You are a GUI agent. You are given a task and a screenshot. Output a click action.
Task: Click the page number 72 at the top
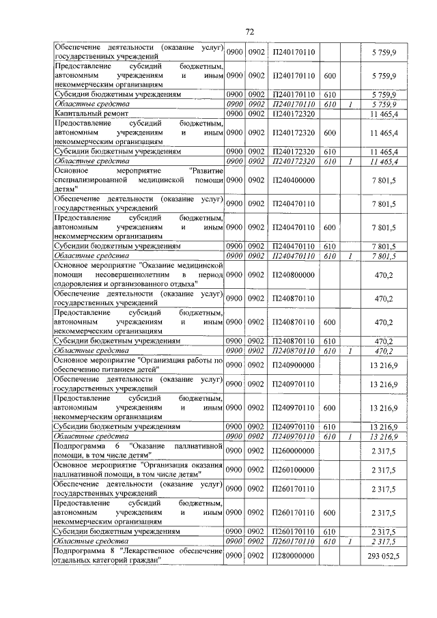249,31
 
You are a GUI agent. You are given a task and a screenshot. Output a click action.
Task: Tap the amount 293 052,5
385,556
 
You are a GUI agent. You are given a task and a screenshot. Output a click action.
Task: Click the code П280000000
293,556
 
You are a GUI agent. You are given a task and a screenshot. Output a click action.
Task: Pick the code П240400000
293,179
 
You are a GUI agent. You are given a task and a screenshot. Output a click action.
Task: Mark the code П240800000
293,275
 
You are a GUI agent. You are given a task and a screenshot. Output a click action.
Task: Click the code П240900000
293,365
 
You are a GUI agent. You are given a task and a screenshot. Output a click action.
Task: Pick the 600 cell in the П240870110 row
329,322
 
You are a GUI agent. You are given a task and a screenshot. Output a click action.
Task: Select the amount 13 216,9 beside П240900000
384,365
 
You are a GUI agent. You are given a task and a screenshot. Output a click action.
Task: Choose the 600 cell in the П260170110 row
329,512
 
